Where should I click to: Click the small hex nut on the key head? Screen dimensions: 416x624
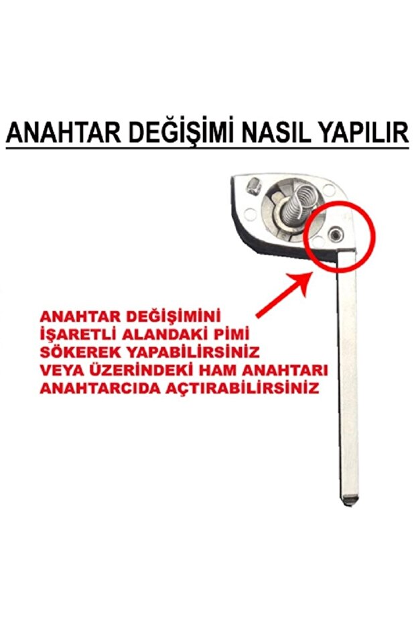coord(253,186)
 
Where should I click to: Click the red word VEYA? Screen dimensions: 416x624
coord(62,370)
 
